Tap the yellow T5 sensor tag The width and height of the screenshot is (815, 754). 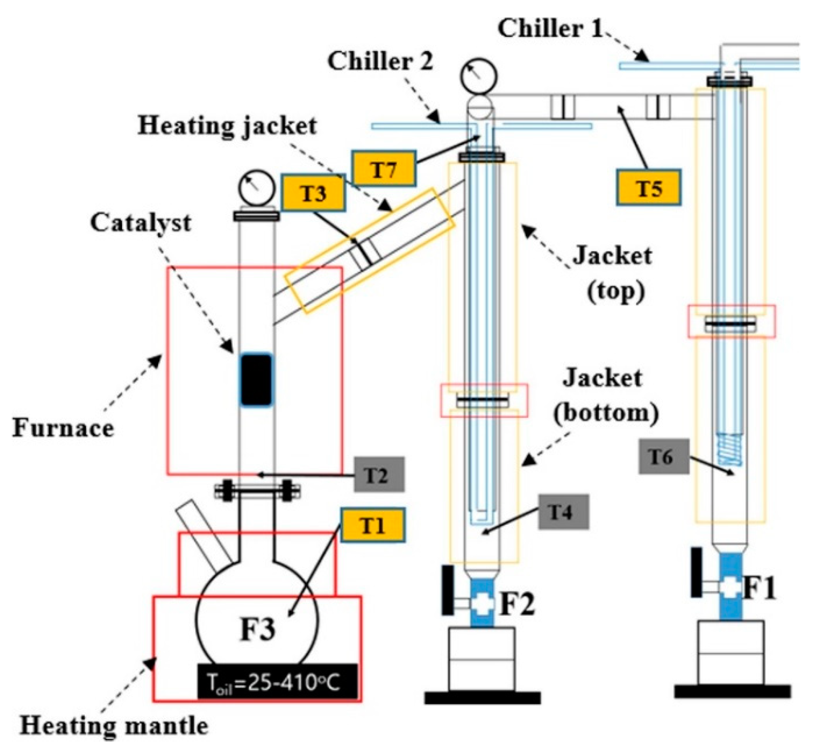click(x=648, y=187)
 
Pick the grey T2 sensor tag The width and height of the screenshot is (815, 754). click(x=379, y=474)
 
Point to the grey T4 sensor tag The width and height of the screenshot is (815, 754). click(x=563, y=512)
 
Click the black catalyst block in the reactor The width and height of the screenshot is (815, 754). click(x=256, y=380)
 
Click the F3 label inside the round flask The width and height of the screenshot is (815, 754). click(x=258, y=629)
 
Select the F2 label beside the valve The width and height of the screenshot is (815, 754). click(x=517, y=603)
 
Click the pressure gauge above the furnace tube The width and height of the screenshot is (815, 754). click(x=256, y=188)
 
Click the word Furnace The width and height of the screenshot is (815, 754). click(x=63, y=428)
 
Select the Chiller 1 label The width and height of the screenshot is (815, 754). click(x=550, y=29)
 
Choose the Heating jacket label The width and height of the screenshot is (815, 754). click(x=227, y=126)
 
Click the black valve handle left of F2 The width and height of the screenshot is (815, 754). click(x=447, y=590)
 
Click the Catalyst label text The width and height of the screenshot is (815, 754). click(x=141, y=223)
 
